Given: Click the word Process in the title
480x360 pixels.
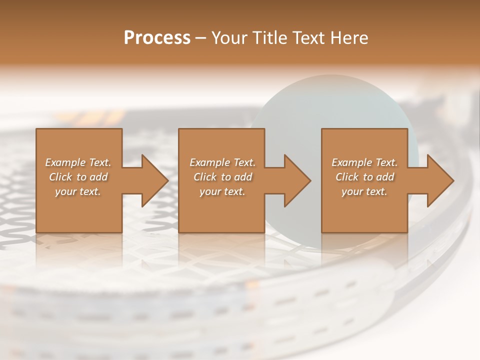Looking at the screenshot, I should pyautogui.click(x=157, y=38).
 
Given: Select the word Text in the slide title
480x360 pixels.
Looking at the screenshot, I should pyautogui.click(x=309, y=38).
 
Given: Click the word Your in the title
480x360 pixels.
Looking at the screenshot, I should pyautogui.click(x=229, y=38).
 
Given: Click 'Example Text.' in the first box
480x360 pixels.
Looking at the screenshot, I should pyautogui.click(x=78, y=162).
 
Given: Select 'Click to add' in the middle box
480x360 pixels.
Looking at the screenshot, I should pyautogui.click(x=222, y=177).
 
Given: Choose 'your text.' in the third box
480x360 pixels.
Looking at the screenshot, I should pyautogui.click(x=364, y=191).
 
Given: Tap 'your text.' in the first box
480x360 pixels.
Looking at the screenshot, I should pyautogui.click(x=78, y=191).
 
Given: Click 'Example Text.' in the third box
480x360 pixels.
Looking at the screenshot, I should pyautogui.click(x=364, y=162).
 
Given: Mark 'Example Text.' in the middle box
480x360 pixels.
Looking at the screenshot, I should pyautogui.click(x=222, y=162).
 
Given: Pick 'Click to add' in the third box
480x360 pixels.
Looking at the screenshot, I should pyautogui.click(x=364, y=177).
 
